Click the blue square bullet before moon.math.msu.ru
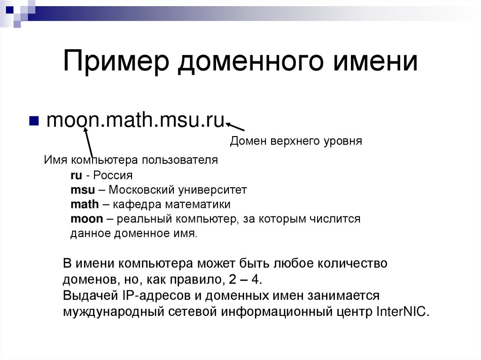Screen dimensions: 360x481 [34, 121]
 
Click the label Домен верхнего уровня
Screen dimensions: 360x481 [296, 141]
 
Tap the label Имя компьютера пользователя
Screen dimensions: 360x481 [131, 160]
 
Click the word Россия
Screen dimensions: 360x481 [113, 176]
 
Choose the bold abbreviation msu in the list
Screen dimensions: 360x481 [79, 190]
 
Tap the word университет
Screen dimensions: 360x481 [212, 190]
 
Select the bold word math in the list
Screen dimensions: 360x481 [85, 205]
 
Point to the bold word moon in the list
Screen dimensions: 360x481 [86, 219]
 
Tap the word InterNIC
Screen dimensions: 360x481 [403, 312]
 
